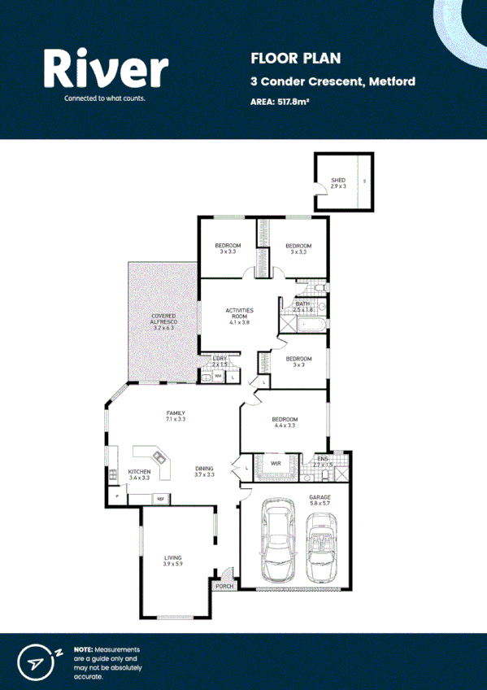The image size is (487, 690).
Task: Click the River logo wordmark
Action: click(x=106, y=68)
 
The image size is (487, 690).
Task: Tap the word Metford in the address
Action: click(x=392, y=81)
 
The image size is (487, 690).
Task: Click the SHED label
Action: click(x=337, y=180)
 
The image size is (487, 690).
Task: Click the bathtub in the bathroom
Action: click(x=312, y=325)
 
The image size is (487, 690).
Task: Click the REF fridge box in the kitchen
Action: click(x=160, y=498)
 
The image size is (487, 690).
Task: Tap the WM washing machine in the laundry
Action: click(x=217, y=376)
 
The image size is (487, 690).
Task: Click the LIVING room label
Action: click(x=172, y=557)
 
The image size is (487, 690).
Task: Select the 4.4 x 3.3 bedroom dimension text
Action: click(x=285, y=425)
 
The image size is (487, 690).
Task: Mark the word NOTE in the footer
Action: click(x=83, y=649)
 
